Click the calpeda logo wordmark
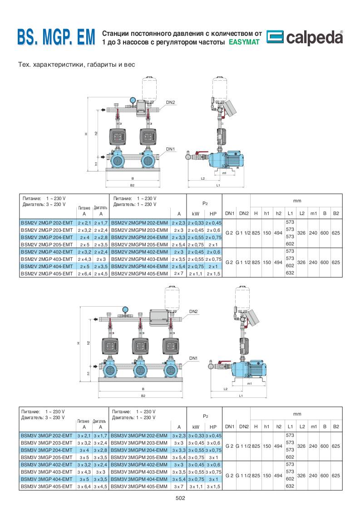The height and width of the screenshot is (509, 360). point(314,38)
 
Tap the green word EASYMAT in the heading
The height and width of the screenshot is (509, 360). point(244,42)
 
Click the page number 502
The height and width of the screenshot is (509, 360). point(180,498)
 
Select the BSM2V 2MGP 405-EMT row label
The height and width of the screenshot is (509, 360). point(47,274)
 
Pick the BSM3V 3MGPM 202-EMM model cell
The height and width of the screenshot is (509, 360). point(139,436)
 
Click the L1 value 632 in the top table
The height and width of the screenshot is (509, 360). point(290,273)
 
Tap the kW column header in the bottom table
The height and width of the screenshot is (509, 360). point(196,427)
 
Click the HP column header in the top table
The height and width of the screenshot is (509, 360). point(213,214)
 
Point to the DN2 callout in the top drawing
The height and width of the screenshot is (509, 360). point(171,102)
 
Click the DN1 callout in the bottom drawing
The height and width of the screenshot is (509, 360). point(193,358)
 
